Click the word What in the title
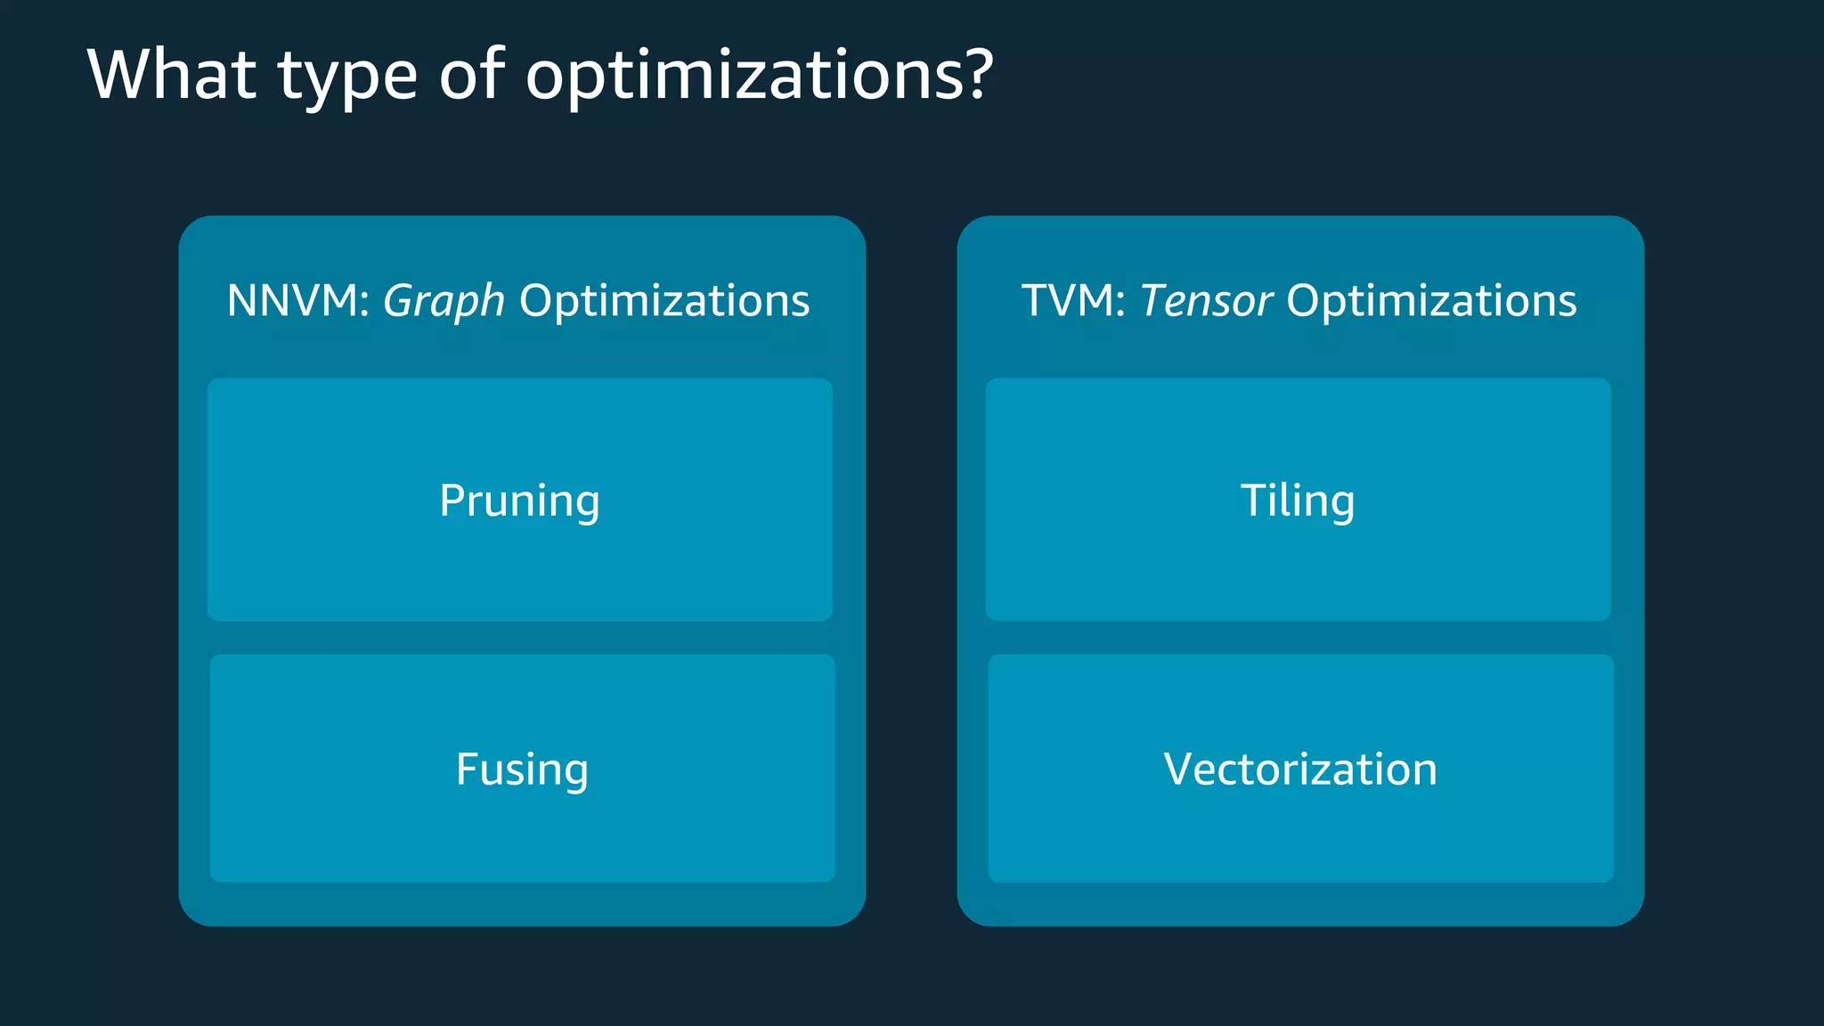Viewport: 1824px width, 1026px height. pyautogui.click(x=172, y=75)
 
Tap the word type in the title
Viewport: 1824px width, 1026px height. pyautogui.click(x=347, y=78)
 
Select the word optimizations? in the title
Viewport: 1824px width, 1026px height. pyautogui.click(x=757, y=77)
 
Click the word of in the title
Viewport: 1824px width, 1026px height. pyautogui.click(x=471, y=75)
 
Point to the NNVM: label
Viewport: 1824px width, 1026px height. pyautogui.click(x=297, y=301)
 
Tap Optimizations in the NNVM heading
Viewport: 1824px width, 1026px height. pyautogui.click(x=664, y=301)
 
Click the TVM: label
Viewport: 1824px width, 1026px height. pyautogui.click(x=1073, y=301)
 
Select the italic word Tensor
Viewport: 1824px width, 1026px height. pyautogui.click(x=1205, y=301)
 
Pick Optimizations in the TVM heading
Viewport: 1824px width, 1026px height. pyautogui.click(x=1431, y=301)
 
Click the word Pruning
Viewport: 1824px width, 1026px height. pyautogui.click(x=519, y=501)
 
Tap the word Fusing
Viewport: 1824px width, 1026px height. pyautogui.click(x=522, y=769)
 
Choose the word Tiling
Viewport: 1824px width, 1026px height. pyautogui.click(x=1298, y=501)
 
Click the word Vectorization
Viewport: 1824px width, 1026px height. pyautogui.click(x=1300, y=769)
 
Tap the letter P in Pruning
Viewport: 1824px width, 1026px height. pyautogui.click(x=453, y=500)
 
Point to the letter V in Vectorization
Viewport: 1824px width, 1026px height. pyautogui.click(x=1180, y=769)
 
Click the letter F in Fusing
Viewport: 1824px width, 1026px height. pyautogui.click(x=468, y=769)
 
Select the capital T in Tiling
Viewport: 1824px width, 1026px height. pyautogui.click(x=1255, y=500)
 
